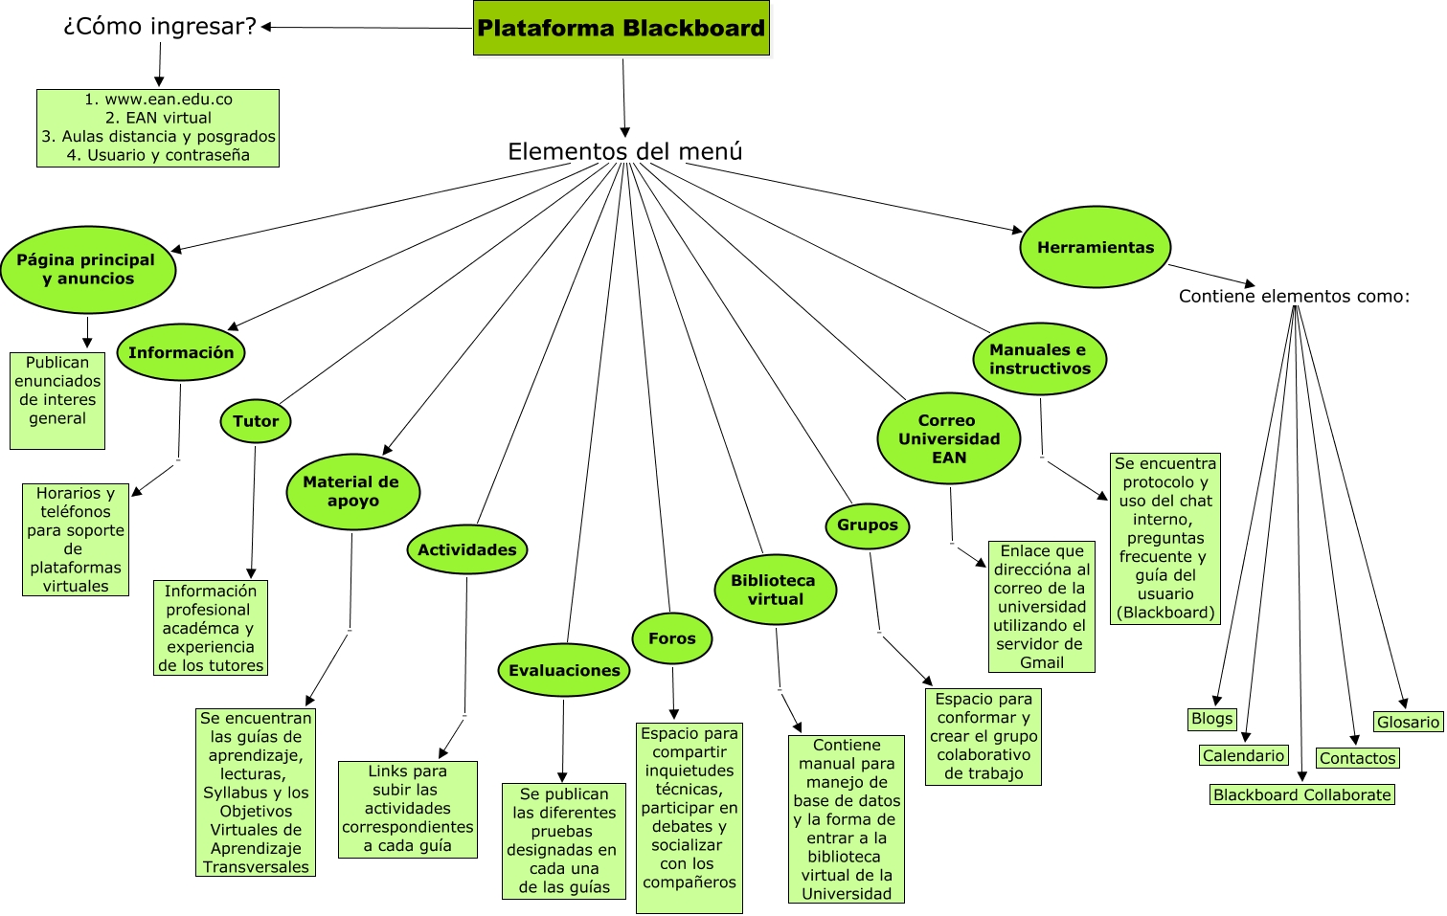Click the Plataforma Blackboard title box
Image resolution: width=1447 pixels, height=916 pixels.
[622, 28]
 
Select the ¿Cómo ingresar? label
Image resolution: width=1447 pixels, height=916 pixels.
[160, 27]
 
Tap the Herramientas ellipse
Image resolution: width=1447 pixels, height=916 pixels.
[1096, 247]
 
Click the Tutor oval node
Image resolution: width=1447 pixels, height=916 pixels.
[256, 421]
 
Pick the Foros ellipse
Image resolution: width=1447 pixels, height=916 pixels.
[672, 638]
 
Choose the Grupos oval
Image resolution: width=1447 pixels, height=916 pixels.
[868, 525]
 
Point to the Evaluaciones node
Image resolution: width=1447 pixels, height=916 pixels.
[564, 670]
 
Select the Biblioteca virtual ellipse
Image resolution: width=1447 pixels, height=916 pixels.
[775, 590]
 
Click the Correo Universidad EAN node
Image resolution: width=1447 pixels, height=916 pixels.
[948, 438]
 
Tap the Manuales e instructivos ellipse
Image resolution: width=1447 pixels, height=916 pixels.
[1040, 359]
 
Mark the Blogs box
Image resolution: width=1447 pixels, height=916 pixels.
[1211, 719]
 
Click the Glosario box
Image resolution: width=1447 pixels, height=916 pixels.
[1408, 722]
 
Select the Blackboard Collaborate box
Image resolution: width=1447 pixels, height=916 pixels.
[1301, 794]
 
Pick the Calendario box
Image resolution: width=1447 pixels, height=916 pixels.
[1243, 755]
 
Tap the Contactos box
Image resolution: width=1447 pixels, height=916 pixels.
[1357, 758]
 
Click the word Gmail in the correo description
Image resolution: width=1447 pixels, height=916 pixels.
[1042, 662]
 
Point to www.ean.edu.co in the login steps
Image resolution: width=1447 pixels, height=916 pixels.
[169, 100]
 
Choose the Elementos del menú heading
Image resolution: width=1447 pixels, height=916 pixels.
[624, 151]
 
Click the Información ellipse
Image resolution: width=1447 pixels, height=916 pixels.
[181, 352]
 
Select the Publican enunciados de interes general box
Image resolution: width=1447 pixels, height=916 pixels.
[57, 400]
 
